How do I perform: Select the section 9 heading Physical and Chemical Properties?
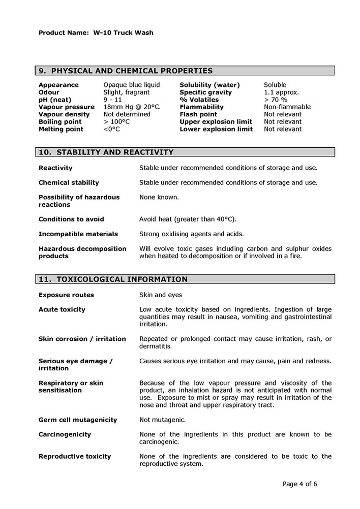[x=126, y=71]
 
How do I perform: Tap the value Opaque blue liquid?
[x=131, y=85]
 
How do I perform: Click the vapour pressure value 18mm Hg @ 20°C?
[x=132, y=107]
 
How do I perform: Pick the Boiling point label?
[x=60, y=122]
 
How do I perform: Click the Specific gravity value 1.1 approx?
[x=281, y=92]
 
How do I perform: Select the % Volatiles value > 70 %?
[x=276, y=100]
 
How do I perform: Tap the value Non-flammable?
[x=287, y=107]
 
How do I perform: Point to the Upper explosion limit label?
[x=216, y=122]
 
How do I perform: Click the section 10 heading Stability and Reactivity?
[x=106, y=152]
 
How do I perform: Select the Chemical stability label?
[x=69, y=182]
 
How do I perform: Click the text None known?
[x=159, y=197]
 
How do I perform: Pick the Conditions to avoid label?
[x=71, y=219]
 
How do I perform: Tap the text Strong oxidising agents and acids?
[x=191, y=234]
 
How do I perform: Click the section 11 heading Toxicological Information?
[x=113, y=279]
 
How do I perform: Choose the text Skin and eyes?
[x=160, y=295]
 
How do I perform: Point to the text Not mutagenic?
[x=162, y=420]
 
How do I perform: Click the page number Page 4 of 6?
[x=299, y=484]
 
